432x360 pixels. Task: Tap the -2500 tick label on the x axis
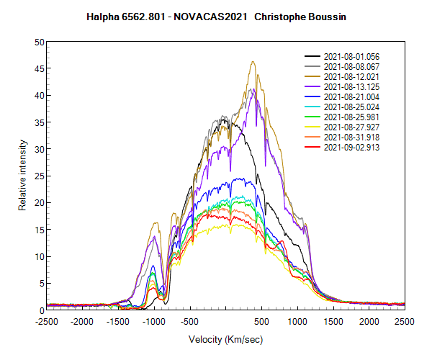[x=48, y=321]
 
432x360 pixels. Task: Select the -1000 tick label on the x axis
[x=154, y=321]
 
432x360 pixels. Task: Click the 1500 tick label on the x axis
[x=333, y=321]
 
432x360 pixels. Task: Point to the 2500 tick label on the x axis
[x=405, y=321]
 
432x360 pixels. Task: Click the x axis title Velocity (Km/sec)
[x=224, y=338]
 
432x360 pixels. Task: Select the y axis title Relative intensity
[x=22, y=176]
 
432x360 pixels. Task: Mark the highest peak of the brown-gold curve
[x=253, y=62]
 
